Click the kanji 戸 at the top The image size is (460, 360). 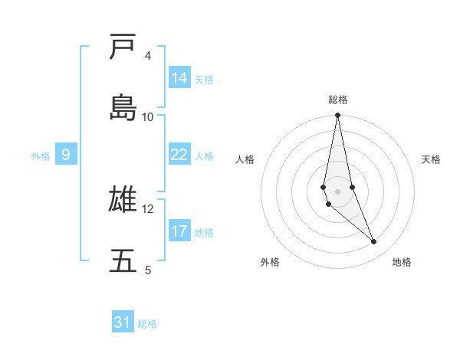[123, 48]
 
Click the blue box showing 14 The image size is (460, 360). [179, 78]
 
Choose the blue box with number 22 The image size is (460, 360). [179, 155]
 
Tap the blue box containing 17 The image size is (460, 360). [179, 231]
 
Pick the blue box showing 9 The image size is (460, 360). [66, 155]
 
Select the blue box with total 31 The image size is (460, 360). [123, 322]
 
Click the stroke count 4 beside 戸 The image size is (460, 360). [147, 56]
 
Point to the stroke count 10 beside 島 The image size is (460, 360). [148, 116]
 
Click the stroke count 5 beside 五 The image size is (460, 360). [147, 270]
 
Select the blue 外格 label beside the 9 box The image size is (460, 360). [41, 155]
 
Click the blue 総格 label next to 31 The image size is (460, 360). [147, 323]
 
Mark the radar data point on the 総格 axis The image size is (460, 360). [337, 116]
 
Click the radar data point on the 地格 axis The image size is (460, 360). [374, 242]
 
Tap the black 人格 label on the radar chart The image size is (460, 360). [245, 159]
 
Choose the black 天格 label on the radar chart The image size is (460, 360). [432, 159]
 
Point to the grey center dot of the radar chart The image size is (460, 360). [337, 191]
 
